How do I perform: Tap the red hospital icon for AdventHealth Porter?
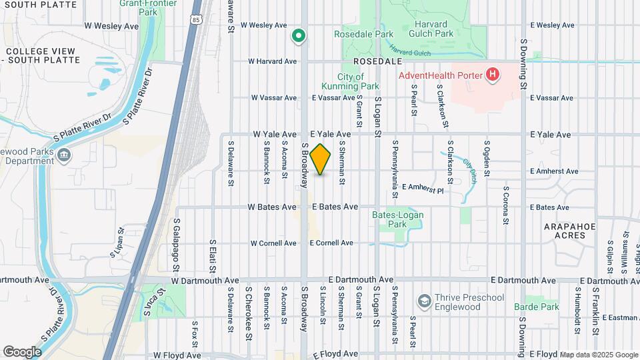click(493, 74)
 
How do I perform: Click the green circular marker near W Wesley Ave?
click(299, 35)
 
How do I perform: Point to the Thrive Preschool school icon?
click(424, 302)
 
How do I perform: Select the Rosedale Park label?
click(365, 33)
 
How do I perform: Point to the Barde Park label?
click(536, 307)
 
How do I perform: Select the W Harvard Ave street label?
click(273, 61)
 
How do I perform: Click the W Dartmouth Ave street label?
click(204, 281)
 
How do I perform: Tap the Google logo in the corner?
click(22, 351)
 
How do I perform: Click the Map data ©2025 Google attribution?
click(598, 355)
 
